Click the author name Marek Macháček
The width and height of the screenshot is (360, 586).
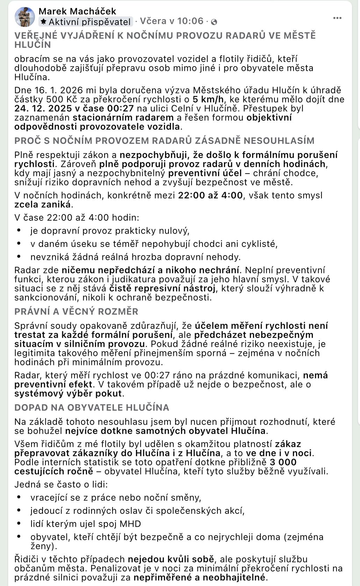[77, 11]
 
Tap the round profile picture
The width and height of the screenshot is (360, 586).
[25, 17]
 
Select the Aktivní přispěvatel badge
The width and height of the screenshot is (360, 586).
[86, 22]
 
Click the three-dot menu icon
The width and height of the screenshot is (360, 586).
[337, 18]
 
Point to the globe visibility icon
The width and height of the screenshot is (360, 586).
[214, 22]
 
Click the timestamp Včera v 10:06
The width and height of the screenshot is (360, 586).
[172, 21]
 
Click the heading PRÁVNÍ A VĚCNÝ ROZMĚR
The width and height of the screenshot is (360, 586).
[76, 311]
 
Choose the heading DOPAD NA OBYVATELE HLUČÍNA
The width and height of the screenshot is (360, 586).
[92, 408]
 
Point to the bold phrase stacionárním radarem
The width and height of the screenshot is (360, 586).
[123, 117]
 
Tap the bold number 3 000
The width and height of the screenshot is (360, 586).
[283, 462]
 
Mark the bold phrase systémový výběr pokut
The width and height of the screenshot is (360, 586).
[68, 393]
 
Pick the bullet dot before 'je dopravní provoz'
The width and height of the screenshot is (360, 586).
[19, 230]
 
